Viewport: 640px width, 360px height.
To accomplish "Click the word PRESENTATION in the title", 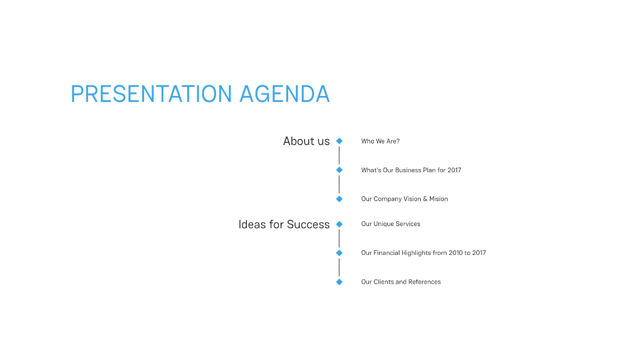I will click(151, 94).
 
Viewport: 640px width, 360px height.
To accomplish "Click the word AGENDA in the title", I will click(284, 94).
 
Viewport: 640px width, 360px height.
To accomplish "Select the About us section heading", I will click(306, 141).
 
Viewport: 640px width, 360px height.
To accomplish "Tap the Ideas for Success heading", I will click(284, 225).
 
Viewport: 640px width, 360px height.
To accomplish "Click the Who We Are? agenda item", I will click(380, 141).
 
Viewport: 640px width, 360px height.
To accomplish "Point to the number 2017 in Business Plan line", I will click(454, 170).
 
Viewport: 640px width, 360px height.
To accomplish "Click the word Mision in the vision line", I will click(438, 199).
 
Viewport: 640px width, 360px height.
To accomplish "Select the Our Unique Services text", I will click(390, 224).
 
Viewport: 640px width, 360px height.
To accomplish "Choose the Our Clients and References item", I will click(401, 282).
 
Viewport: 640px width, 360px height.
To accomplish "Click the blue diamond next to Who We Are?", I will click(339, 141).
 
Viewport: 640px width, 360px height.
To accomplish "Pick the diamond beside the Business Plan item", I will click(339, 170).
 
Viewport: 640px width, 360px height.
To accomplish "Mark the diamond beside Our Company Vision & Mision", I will click(339, 199).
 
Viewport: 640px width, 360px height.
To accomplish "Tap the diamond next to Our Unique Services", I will click(339, 225).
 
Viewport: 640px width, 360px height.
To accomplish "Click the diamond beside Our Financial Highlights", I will click(339, 253).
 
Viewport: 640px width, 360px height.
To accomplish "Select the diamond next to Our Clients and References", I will click(339, 282).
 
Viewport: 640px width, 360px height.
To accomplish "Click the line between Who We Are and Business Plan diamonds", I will click(339, 156).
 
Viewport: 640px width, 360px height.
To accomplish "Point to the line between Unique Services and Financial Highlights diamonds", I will click(339, 238).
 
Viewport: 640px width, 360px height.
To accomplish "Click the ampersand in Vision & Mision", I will click(425, 199).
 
